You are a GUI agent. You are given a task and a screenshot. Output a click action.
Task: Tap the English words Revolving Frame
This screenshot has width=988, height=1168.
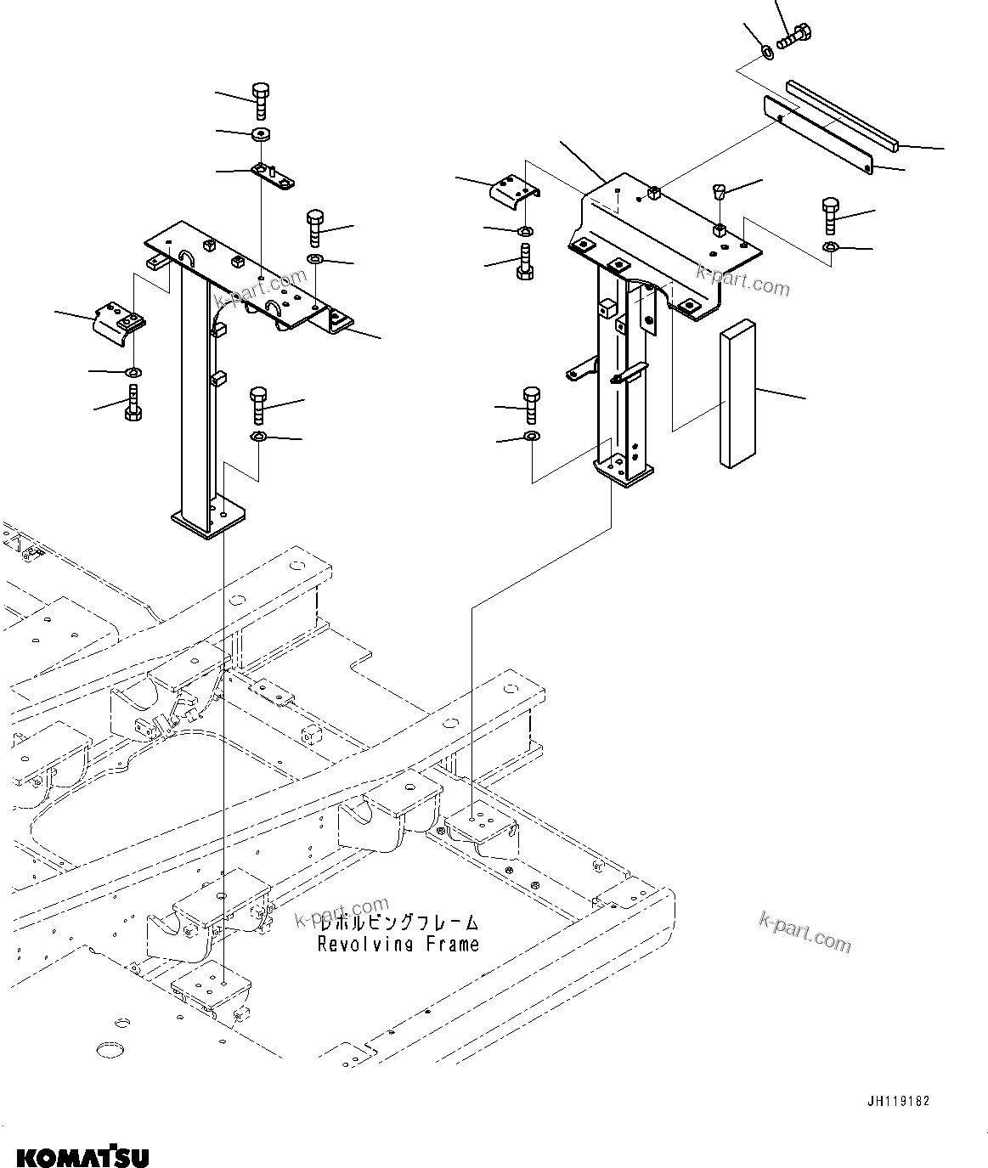pos(398,944)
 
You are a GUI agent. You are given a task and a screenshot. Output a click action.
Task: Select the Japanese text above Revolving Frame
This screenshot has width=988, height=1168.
pos(398,923)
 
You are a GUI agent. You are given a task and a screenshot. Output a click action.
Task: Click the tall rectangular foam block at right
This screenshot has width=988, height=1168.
pos(736,394)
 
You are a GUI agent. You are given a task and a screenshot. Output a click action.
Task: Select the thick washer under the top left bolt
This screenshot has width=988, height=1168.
pos(260,134)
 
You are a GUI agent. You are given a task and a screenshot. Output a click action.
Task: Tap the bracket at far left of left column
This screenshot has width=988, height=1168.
pos(120,322)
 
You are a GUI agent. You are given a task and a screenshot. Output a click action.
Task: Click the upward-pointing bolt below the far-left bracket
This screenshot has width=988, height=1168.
pos(133,403)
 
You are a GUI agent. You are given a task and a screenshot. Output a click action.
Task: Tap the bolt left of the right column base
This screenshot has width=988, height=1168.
pos(531,404)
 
